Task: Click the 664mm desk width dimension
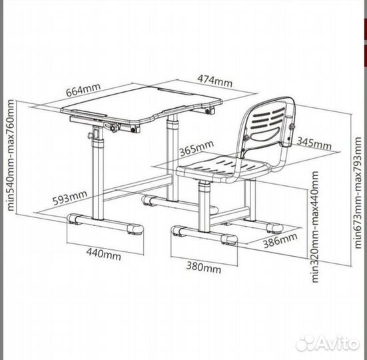tap(83, 89)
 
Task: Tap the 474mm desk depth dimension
tap(215, 81)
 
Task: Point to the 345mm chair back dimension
tap(314, 143)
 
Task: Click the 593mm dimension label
tap(69, 198)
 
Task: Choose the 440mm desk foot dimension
tap(104, 253)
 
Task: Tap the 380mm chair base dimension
tap(204, 267)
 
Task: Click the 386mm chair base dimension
tap(280, 240)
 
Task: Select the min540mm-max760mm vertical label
tap(11, 155)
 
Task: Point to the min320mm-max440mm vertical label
tap(315, 227)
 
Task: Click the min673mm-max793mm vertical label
tap(358, 193)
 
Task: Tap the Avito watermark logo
tap(328, 343)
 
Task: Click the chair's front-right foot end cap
tap(229, 239)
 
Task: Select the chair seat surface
tap(224, 167)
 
